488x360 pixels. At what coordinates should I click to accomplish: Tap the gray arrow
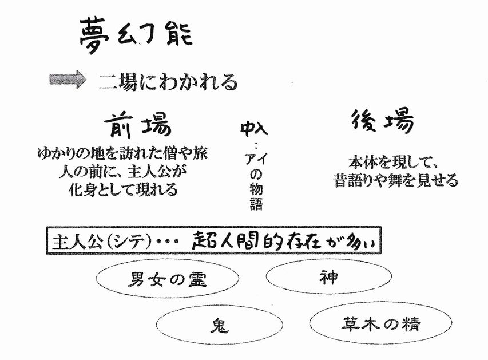point(68,80)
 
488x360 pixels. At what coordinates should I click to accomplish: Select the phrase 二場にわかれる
point(168,82)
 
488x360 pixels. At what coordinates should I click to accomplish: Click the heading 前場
point(137,125)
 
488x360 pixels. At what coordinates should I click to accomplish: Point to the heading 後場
point(383,121)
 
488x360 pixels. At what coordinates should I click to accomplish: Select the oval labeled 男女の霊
point(168,278)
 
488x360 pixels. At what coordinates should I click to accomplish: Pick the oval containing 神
point(328,276)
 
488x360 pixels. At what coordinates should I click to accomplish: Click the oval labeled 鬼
point(220,325)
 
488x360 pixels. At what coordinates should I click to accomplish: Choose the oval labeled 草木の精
point(380,323)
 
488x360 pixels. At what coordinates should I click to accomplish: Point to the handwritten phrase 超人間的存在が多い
point(283,241)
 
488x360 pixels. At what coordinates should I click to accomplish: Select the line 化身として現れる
point(123,189)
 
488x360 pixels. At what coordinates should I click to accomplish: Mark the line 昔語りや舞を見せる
point(396,180)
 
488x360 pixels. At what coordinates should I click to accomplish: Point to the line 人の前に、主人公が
point(122,171)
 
